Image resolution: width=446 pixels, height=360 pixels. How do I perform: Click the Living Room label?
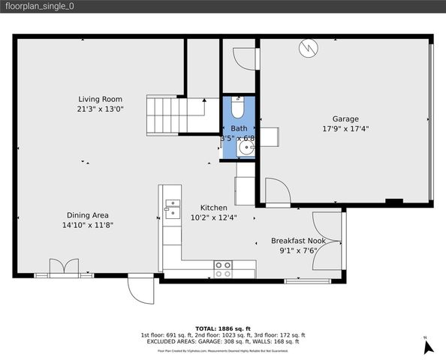tap(100, 99)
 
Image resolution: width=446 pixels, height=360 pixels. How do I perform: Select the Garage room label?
tap(345, 118)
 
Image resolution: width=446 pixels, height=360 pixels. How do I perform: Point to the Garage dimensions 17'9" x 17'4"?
tap(345, 128)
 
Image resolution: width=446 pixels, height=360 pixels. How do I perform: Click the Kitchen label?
tap(213, 208)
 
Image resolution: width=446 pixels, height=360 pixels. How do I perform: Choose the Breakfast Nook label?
tap(298, 241)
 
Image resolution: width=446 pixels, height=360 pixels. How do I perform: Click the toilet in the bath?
tap(238, 109)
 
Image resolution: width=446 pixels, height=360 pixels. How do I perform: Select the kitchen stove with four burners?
tap(222, 269)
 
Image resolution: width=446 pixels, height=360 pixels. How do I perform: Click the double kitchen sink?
tap(172, 208)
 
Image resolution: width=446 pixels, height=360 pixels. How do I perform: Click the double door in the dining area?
tap(64, 268)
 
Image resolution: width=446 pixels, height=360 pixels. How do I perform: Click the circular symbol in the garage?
tap(308, 49)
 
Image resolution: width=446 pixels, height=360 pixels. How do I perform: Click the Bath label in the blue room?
tap(238, 128)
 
